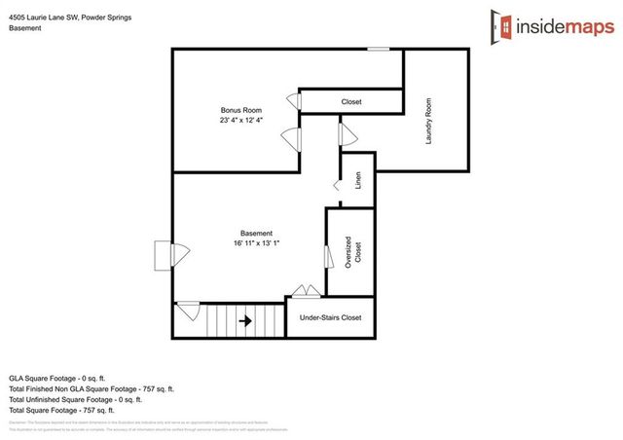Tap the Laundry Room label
(429, 121)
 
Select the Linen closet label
(358, 180)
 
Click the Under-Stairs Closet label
(330, 317)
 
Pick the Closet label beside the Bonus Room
(351, 101)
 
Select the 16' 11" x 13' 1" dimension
(257, 243)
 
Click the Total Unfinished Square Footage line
(76, 399)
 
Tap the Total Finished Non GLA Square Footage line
(92, 388)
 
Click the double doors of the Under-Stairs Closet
(306, 291)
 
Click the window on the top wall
(379, 49)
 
